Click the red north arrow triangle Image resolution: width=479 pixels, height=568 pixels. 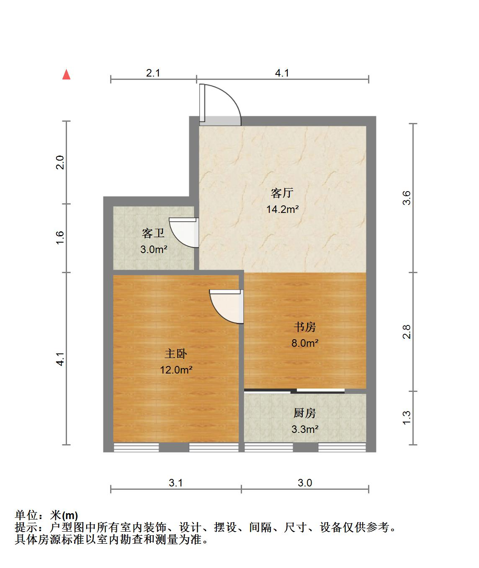pos(66,74)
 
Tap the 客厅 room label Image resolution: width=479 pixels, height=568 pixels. pos(282,193)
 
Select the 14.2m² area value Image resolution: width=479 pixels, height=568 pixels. pos(282,209)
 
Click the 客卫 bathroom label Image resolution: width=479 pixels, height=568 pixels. pos(153,233)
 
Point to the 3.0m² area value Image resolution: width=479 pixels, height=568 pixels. pos(154,249)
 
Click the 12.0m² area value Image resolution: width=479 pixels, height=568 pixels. pos(176,370)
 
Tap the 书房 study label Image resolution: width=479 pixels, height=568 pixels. pos(305,327)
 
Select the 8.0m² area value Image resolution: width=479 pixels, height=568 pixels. pos(305,343)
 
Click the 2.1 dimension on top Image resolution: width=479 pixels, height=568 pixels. pos(153,73)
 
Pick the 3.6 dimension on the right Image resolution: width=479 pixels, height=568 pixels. pos(406,198)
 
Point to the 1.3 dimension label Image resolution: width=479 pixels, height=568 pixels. pos(406,417)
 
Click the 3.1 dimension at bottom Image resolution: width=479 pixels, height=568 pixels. pos(175,483)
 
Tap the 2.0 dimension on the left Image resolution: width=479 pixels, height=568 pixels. pos(59,162)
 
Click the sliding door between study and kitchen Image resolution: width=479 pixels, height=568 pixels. pos(294,391)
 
